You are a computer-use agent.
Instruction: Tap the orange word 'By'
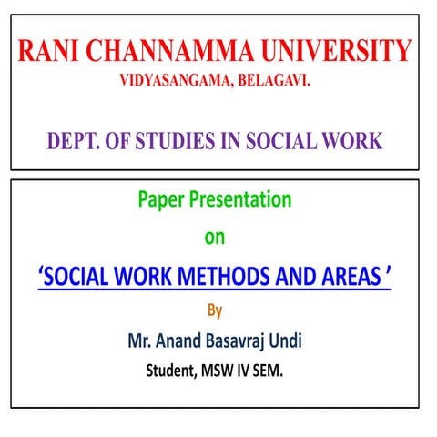pyautogui.click(x=214, y=311)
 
